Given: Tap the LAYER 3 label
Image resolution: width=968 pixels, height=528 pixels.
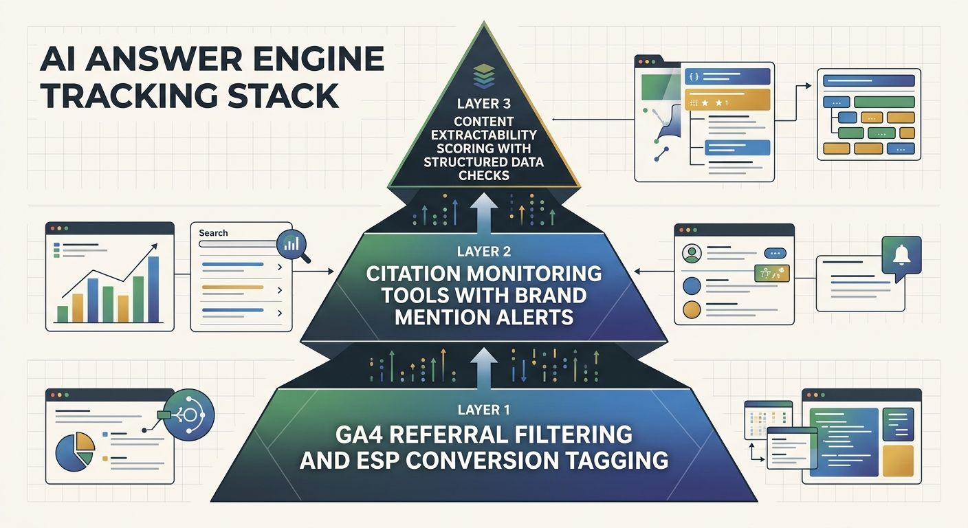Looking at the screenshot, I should (x=483, y=105).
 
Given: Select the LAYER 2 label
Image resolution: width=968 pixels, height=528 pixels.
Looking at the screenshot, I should (x=483, y=252).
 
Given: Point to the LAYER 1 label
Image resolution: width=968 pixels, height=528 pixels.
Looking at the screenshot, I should (x=483, y=410).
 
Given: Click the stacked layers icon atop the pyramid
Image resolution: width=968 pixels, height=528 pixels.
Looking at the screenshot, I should (x=484, y=76).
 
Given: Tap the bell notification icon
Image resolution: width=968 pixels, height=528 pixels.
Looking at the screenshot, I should (x=901, y=256).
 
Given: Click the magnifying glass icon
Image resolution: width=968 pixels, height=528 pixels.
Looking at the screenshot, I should (x=291, y=245).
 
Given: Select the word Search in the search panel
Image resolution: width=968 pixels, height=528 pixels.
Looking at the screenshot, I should (x=213, y=233).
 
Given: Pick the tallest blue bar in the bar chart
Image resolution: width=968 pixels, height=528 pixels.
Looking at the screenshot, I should (x=153, y=289).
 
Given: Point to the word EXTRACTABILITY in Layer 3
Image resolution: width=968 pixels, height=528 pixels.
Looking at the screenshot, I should (x=483, y=135).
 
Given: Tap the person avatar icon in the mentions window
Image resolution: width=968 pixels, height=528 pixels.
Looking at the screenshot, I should (x=691, y=254).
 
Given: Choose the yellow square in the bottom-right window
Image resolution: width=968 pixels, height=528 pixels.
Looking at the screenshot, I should (x=897, y=461).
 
